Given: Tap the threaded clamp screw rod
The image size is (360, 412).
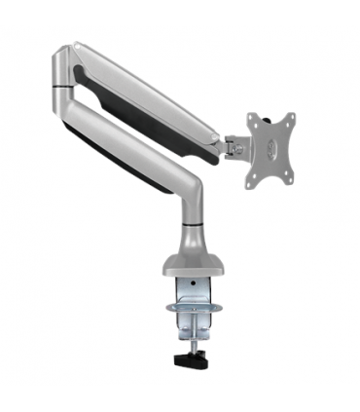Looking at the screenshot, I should click(x=191, y=335).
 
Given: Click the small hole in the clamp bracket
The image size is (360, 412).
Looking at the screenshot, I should click(x=195, y=292).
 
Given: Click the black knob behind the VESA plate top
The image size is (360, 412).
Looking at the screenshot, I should click(x=255, y=117).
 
